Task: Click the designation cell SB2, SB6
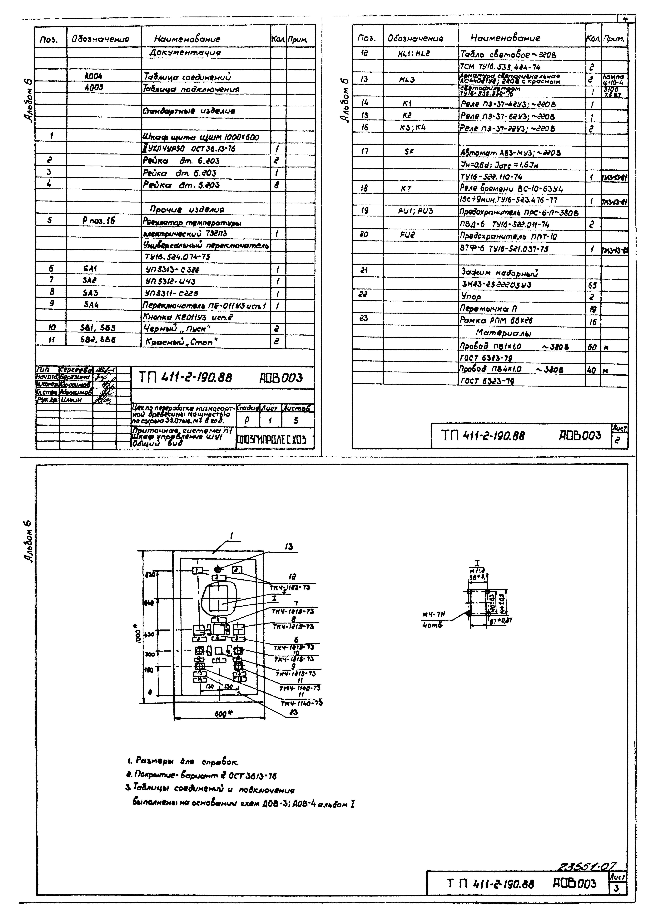click(x=98, y=340)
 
